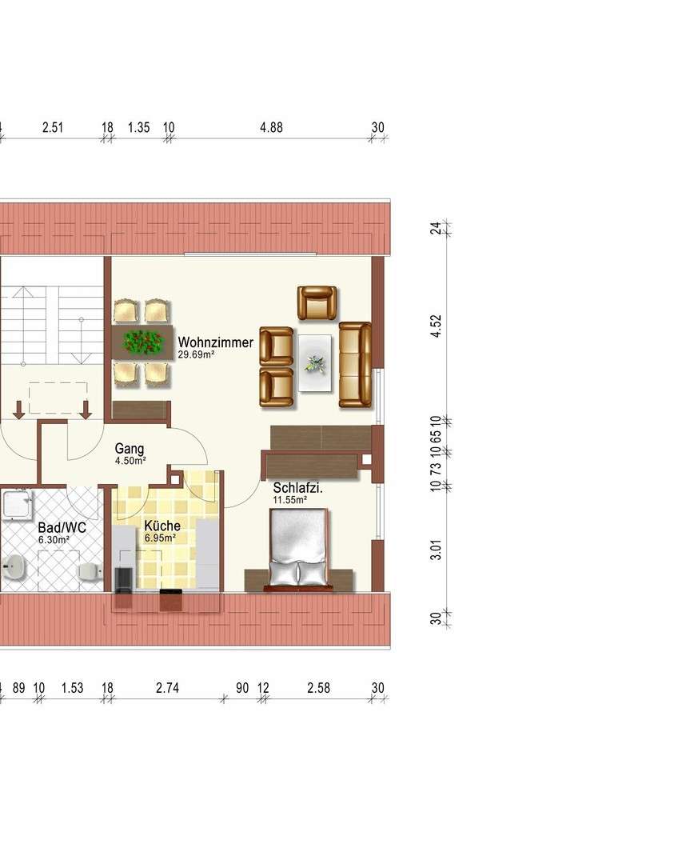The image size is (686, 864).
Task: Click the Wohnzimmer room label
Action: [x=215, y=342]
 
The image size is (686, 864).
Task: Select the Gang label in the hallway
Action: [x=129, y=449]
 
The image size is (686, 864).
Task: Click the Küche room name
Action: [x=162, y=526]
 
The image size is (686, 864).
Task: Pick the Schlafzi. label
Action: [x=297, y=489]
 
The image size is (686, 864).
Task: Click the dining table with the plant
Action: [x=143, y=342]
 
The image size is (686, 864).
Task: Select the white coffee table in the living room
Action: [x=315, y=362]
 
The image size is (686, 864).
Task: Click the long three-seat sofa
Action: [x=355, y=364]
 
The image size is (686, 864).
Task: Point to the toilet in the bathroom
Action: [x=90, y=570]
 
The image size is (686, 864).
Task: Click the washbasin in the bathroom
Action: [x=14, y=568]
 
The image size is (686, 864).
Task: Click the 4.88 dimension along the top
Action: [x=270, y=127]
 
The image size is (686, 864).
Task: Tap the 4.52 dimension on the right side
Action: [x=436, y=326]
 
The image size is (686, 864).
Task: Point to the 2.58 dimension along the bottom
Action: [x=318, y=688]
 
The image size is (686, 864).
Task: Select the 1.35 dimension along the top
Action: [x=138, y=127]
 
